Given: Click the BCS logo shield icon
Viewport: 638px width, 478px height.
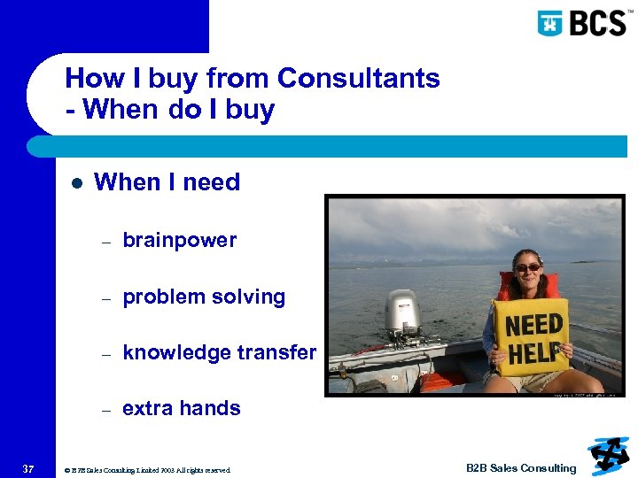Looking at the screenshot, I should (x=550, y=22).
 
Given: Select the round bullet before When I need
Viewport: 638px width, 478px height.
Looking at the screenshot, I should (x=76, y=182).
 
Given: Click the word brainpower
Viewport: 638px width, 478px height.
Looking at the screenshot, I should (x=180, y=241).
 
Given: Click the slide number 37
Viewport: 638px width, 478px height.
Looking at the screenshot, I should (x=28, y=468).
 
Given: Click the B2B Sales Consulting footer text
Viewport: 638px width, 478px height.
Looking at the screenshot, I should (x=521, y=468).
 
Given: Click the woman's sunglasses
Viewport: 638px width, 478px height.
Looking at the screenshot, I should (x=527, y=267).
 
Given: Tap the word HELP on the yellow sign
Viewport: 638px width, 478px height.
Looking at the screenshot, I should (x=534, y=352).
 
